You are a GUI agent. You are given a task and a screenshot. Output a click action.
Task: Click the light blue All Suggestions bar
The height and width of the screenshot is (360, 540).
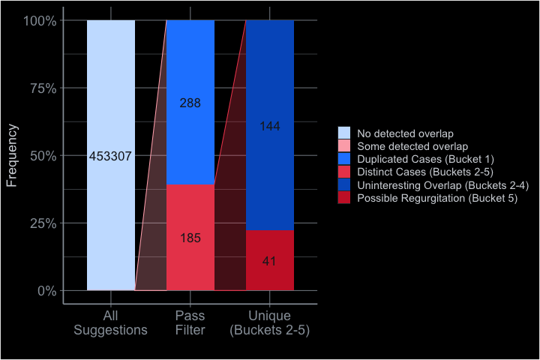pyautogui.click(x=111, y=90)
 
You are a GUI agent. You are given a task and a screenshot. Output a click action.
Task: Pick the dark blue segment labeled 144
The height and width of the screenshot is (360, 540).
pyautogui.click(x=270, y=82)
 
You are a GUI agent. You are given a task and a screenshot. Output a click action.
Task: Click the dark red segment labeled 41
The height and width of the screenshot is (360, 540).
pyautogui.click(x=270, y=277)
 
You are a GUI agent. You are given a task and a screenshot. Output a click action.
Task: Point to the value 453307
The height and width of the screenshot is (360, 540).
pyautogui.click(x=110, y=157)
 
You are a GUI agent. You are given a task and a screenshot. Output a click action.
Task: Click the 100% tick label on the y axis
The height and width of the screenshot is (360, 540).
pyautogui.click(x=40, y=21)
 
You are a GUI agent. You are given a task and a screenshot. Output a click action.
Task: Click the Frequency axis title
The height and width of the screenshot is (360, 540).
pyautogui.click(x=11, y=156)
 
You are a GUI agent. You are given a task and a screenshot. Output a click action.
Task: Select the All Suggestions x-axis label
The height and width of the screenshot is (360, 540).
pyautogui.click(x=111, y=322)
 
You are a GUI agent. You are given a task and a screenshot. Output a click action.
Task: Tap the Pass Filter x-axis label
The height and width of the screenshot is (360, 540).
pyautogui.click(x=190, y=322)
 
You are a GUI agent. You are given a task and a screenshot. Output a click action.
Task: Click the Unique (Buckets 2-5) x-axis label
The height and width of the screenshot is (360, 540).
pyautogui.click(x=270, y=322)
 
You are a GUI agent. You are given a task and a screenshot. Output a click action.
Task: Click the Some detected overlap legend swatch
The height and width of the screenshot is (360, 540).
pyautogui.click(x=344, y=146)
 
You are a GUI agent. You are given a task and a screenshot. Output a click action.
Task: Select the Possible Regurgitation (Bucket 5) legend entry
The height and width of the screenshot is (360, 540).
pyautogui.click(x=432, y=198)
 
